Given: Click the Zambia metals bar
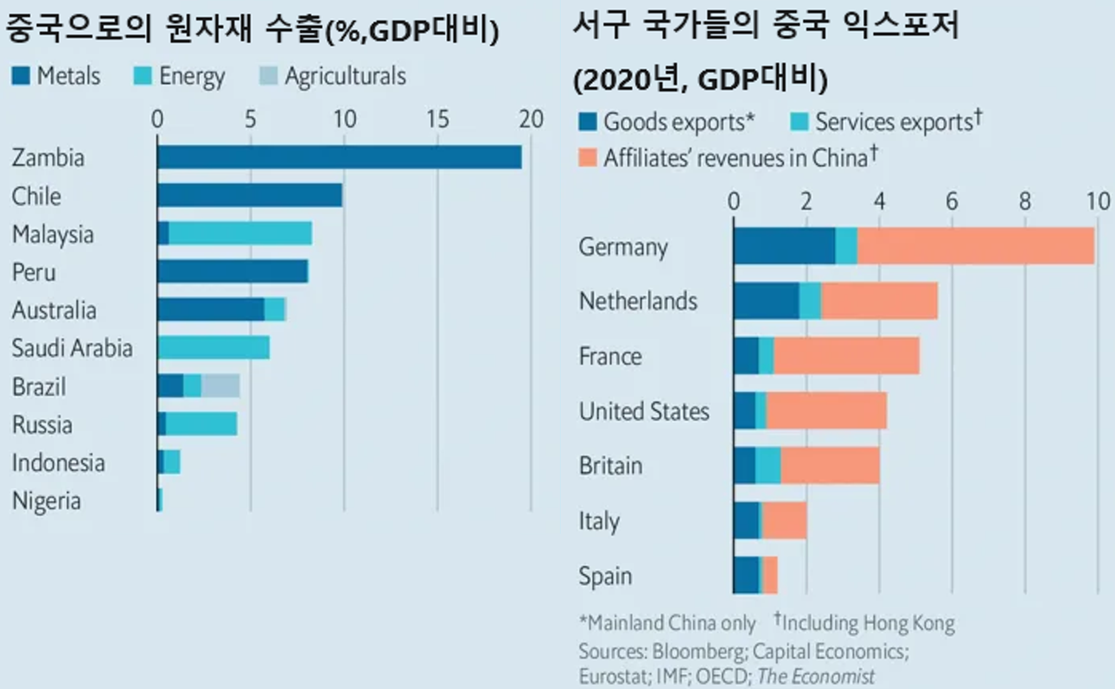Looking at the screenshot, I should click(339, 157).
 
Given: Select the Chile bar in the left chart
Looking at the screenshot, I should click(249, 195).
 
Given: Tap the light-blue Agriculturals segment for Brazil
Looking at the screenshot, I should click(221, 386).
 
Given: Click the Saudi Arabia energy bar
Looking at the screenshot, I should click(214, 348).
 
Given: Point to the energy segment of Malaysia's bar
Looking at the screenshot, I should click(240, 234).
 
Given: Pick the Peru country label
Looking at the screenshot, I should click(34, 272).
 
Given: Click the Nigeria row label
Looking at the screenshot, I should click(46, 500).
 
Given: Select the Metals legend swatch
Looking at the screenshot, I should click(21, 76).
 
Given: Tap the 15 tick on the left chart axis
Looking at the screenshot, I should click(437, 119).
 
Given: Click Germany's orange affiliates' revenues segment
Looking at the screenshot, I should click(975, 246).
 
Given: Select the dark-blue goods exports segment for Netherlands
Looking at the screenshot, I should click(766, 301).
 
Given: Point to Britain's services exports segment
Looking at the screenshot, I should click(768, 465).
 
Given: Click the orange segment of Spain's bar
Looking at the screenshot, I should click(770, 575).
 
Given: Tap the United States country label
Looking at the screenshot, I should click(644, 411).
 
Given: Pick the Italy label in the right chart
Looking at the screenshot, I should click(599, 521).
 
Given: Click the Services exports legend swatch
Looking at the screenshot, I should click(799, 122).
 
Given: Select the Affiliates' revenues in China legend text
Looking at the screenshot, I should click(736, 157).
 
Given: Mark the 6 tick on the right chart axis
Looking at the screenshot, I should click(951, 202).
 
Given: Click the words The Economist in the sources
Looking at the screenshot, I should click(815, 676).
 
